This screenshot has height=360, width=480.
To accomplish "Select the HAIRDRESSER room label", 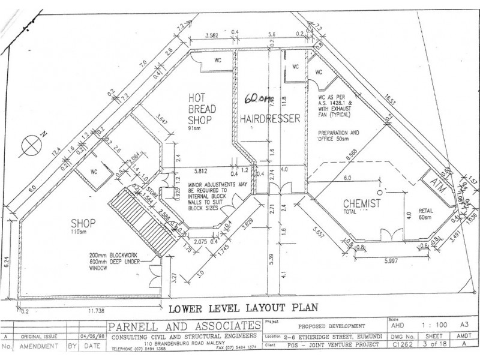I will [270, 119].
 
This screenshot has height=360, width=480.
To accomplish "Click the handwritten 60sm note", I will [256, 97].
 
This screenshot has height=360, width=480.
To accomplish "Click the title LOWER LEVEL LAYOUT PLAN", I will [242, 309].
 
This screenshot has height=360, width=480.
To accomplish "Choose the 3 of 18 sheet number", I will [434, 346].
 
